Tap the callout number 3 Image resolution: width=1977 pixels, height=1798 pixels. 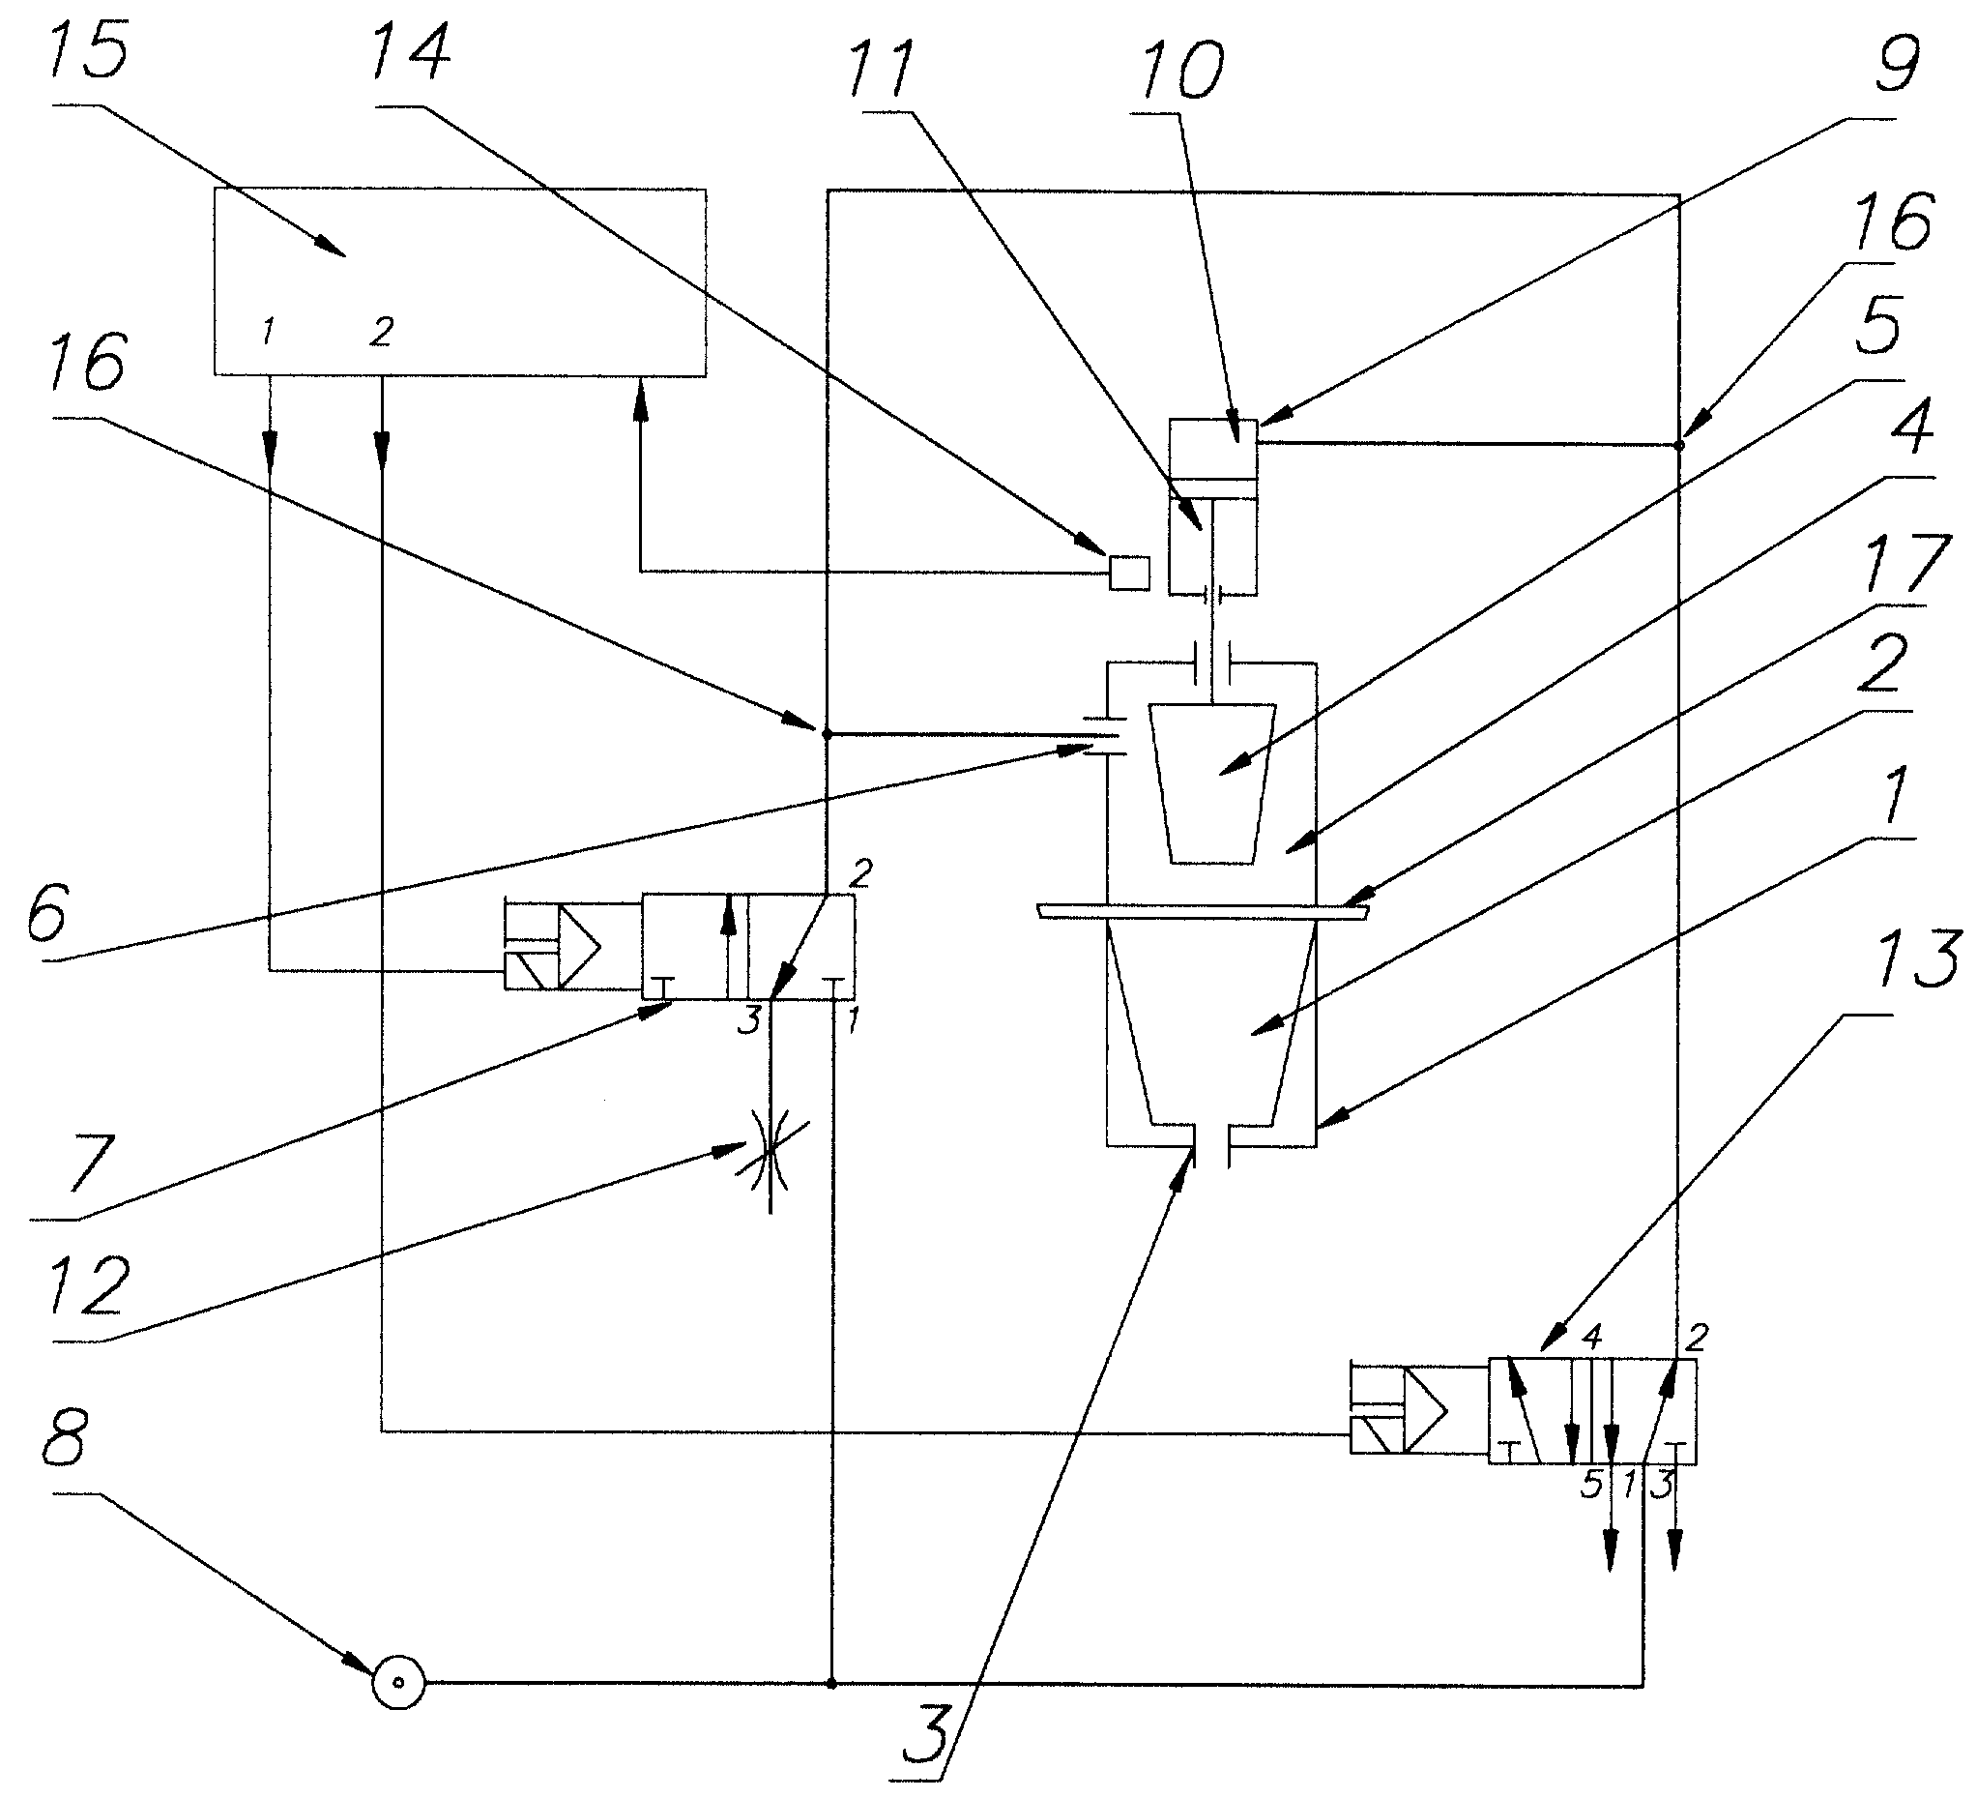click(927, 1735)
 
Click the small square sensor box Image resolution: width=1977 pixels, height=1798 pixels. click(1129, 572)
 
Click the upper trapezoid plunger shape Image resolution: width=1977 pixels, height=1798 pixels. click(1213, 782)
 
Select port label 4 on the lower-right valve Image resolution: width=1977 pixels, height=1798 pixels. click(1590, 1335)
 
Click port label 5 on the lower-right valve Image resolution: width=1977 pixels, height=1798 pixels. click(1590, 1484)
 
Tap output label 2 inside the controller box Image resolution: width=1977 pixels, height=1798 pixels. click(382, 332)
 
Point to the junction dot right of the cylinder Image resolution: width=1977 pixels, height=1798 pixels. click(1679, 445)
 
